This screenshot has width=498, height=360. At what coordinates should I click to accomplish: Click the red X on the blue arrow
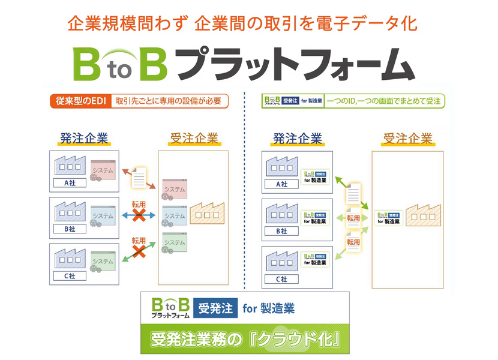[140, 214]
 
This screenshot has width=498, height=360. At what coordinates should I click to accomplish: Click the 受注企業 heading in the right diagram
[408, 139]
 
